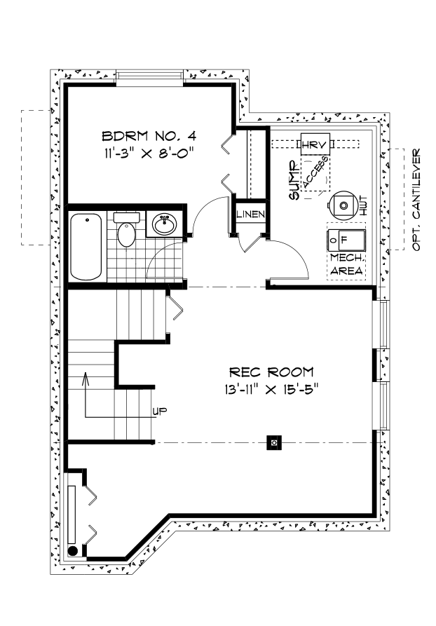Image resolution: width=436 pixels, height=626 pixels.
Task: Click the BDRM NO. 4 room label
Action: [148, 135]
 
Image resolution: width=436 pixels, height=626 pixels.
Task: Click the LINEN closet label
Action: [249, 214]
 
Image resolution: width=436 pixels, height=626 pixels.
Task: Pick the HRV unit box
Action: [315, 144]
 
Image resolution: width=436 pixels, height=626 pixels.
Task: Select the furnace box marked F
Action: [346, 239]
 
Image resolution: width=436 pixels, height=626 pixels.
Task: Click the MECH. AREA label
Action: [346, 264]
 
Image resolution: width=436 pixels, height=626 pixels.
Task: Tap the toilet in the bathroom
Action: [126, 231]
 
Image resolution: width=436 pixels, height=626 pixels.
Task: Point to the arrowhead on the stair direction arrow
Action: [86, 378]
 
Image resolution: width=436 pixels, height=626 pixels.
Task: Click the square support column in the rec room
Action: [275, 442]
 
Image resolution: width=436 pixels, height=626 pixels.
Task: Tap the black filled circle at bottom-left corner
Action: [73, 550]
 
